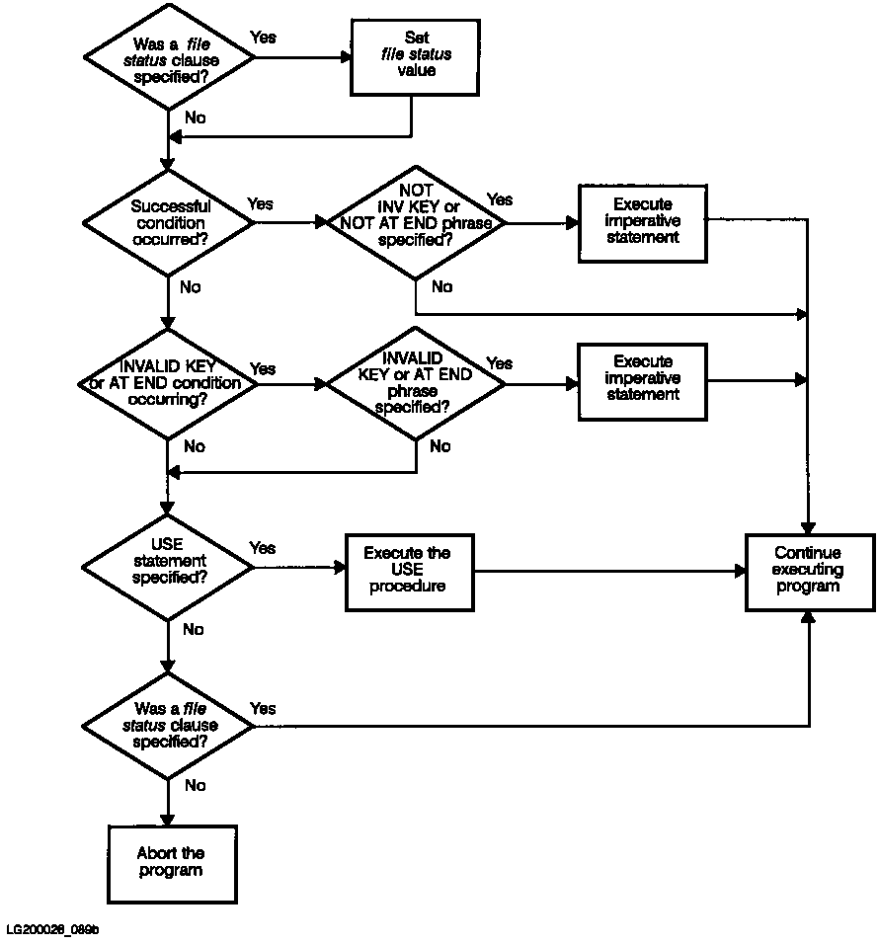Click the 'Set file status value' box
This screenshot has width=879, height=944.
pyautogui.click(x=415, y=57)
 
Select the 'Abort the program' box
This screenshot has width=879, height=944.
pyautogui.click(x=172, y=864)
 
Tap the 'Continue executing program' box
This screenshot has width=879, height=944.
pyautogui.click(x=810, y=573)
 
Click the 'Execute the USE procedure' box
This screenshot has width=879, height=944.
pyautogui.click(x=410, y=573)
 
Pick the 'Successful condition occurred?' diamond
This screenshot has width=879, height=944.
pyautogui.click(x=169, y=223)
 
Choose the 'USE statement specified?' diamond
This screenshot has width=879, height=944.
pyautogui.click(x=169, y=567)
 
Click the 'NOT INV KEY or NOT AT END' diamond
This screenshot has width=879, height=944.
pyautogui.click(x=416, y=223)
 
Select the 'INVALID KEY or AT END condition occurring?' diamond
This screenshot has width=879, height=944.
pyautogui.click(x=169, y=383)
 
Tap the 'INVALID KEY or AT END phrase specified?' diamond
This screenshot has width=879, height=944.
pyautogui.click(x=416, y=383)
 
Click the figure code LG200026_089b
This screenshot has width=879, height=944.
pyautogui.click(x=53, y=930)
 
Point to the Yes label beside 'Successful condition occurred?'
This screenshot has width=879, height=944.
pyautogui.click(x=260, y=204)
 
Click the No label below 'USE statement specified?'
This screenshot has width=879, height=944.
pyautogui.click(x=194, y=629)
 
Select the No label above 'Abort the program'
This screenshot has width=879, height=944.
pyautogui.click(x=196, y=785)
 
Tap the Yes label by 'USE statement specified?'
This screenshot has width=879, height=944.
pyautogui.click(x=263, y=548)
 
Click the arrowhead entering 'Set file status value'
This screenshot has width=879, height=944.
pyautogui.click(x=347, y=57)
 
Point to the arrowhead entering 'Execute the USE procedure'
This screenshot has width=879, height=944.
pyautogui.click(x=341, y=567)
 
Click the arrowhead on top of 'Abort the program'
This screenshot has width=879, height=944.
pyautogui.click(x=168, y=820)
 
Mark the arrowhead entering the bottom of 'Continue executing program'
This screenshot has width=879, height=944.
pyautogui.click(x=809, y=616)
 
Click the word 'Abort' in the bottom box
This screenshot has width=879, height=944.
pyautogui.click(x=154, y=853)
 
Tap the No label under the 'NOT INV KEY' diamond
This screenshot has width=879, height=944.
pyautogui.click(x=441, y=286)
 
